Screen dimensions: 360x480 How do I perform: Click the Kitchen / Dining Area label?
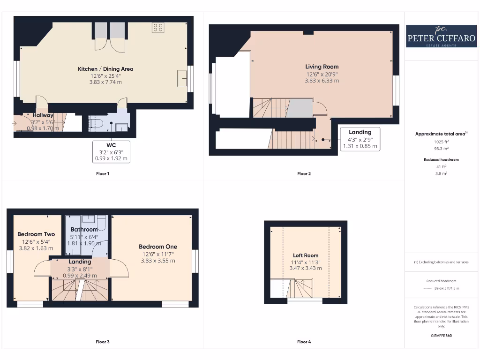point(105,69)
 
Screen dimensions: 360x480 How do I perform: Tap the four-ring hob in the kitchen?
point(157,28)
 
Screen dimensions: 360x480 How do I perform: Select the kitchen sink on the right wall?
point(181,78)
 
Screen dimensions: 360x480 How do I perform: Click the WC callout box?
point(111,151)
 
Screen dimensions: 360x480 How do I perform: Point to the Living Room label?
point(322,67)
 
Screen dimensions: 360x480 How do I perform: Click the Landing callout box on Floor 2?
point(360,139)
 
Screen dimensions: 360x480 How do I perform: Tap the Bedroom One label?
point(158,247)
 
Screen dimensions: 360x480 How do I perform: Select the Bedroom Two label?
point(36,234)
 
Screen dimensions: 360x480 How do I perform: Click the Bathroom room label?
point(84,229)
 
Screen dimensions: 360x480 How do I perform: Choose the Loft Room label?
point(306,255)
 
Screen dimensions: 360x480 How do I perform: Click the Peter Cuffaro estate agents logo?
point(441,36)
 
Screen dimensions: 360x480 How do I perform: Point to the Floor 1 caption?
point(102,173)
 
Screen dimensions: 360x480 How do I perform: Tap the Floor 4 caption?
point(304,342)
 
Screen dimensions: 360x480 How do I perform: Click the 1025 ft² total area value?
point(441,142)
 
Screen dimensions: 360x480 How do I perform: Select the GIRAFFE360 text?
point(441,336)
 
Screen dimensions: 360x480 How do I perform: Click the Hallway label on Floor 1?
point(43,115)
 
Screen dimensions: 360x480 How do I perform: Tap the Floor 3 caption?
point(102,342)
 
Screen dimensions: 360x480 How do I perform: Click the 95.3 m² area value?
point(441,148)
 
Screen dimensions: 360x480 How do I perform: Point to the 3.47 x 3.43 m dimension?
point(306,268)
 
